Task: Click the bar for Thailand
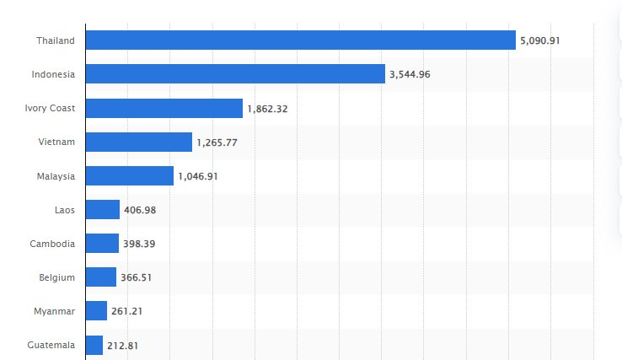point(300,40)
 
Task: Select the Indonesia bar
point(235,74)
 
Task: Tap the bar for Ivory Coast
point(164,108)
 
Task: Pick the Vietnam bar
point(139,142)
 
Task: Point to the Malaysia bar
point(130,175)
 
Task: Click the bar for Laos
point(103,210)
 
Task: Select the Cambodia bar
point(102,244)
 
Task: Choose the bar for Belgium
point(101,277)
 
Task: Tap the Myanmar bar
point(97,311)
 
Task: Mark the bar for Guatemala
point(94,345)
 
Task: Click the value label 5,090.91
point(540,40)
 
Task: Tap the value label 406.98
point(140,210)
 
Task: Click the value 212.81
point(123,345)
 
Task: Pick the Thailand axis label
point(56,40)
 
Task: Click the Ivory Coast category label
point(51,108)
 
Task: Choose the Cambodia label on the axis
point(52,244)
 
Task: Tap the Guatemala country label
point(51,345)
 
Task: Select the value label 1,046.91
point(198,176)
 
